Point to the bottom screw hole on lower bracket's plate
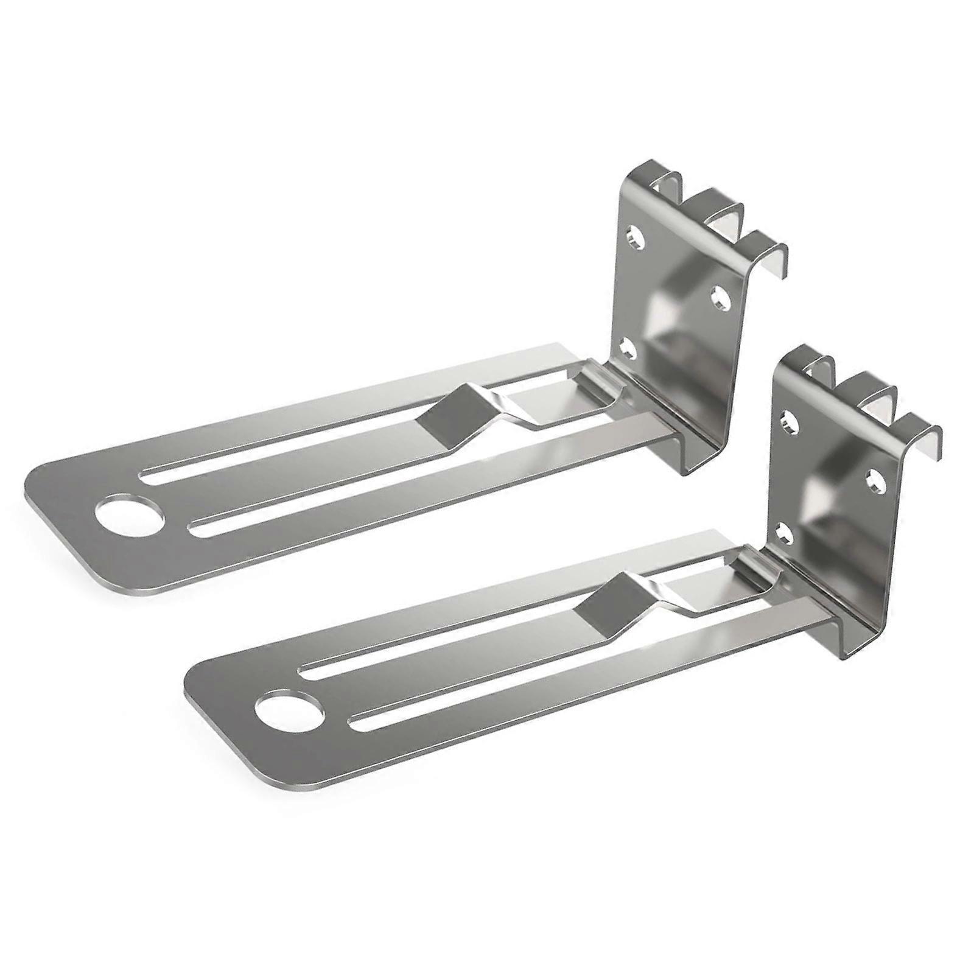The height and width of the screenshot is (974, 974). click(x=785, y=534)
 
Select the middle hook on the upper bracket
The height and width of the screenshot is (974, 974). click(x=724, y=213)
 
